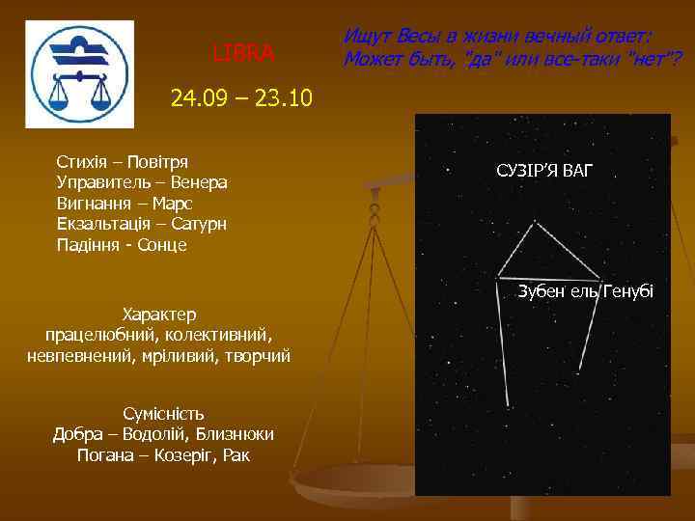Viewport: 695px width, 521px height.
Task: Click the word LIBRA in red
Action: coord(243,51)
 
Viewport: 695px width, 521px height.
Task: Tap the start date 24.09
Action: coord(197,97)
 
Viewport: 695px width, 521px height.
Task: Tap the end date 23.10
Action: coord(279,97)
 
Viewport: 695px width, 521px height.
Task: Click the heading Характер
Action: coord(159,315)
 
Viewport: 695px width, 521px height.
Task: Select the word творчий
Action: coord(257,357)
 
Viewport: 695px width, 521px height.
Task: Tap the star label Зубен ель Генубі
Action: coord(585,291)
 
